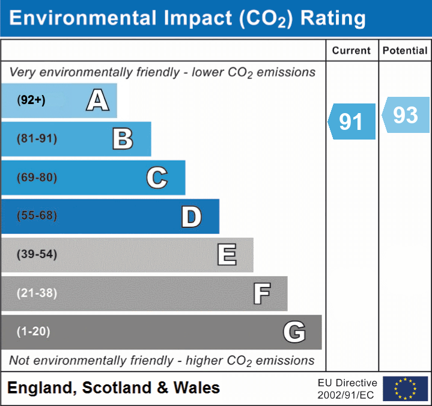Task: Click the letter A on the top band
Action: pyautogui.click(x=97, y=100)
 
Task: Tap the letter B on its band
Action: pyautogui.click(x=123, y=139)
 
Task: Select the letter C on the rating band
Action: pyautogui.click(x=157, y=178)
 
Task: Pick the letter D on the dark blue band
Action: pyautogui.click(x=191, y=217)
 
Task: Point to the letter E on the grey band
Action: pyautogui.click(x=227, y=255)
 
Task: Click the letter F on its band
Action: pyautogui.click(x=261, y=294)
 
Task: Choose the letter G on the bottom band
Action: pyautogui.click(x=294, y=332)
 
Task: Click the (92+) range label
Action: pyautogui.click(x=31, y=100)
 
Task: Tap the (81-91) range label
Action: pyautogui.click(x=37, y=139)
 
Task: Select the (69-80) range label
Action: pyautogui.click(x=37, y=178)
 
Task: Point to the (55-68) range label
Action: pyautogui.click(x=37, y=216)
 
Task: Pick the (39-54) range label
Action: pyautogui.click(x=37, y=254)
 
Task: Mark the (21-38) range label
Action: pyautogui.click(x=37, y=293)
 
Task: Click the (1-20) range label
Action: pyautogui.click(x=34, y=331)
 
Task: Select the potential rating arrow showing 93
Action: pyautogui.click(x=406, y=115)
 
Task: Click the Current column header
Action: pyautogui.click(x=351, y=51)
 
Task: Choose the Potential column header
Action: pyautogui.click(x=405, y=51)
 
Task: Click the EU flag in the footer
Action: pyautogui.click(x=405, y=389)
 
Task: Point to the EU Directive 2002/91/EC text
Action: pyautogui.click(x=347, y=389)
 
